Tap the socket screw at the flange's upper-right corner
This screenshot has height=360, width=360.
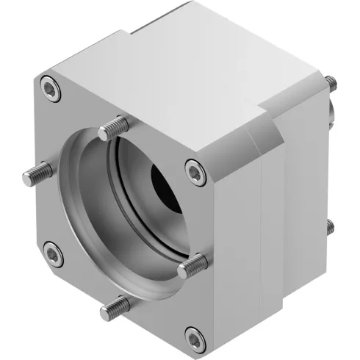coord(194,171)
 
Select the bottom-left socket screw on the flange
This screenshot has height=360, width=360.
coord(52,254)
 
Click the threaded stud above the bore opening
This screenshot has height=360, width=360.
coord(109,129)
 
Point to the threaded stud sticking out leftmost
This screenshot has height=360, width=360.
coord(33,174)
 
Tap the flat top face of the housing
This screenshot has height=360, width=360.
coord(198,73)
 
